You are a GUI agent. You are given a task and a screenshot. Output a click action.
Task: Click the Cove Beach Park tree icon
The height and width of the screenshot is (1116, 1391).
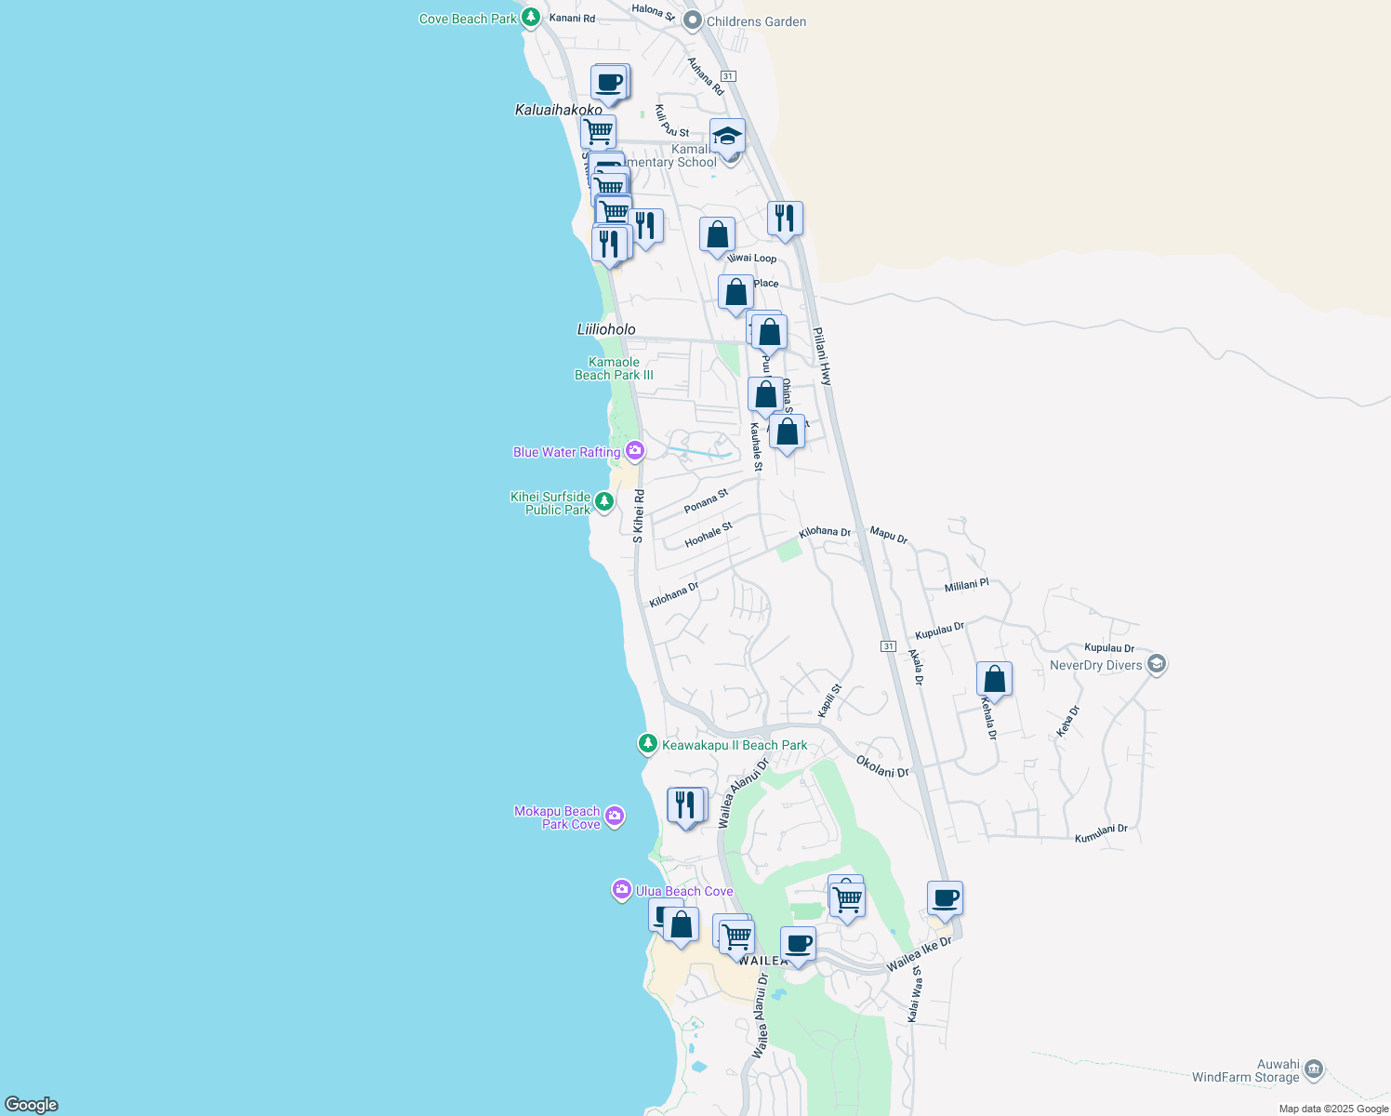click(x=530, y=18)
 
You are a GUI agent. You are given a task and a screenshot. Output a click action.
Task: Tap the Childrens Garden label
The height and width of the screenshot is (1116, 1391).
click(x=756, y=21)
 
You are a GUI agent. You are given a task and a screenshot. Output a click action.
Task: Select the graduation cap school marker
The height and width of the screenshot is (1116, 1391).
click(x=727, y=137)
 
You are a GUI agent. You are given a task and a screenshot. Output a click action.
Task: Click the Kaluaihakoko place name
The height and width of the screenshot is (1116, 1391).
click(x=558, y=110)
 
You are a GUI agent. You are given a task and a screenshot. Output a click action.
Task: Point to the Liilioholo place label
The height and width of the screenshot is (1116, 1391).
click(x=606, y=329)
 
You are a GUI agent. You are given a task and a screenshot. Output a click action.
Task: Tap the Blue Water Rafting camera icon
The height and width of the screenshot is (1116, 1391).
click(x=635, y=452)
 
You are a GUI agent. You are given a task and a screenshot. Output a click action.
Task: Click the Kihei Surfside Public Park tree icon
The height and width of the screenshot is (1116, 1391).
click(x=604, y=502)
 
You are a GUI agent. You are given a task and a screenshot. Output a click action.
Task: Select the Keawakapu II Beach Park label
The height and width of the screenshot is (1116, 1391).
click(x=734, y=745)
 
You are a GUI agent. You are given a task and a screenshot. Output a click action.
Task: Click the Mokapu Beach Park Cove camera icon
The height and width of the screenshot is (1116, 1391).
click(x=614, y=817)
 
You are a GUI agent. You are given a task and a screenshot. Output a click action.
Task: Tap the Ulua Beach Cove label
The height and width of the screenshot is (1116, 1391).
click(x=684, y=891)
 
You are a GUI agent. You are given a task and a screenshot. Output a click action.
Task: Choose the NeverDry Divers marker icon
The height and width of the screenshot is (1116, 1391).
click(x=1157, y=664)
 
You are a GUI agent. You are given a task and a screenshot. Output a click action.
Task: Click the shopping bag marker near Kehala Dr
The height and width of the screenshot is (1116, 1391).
click(x=994, y=680)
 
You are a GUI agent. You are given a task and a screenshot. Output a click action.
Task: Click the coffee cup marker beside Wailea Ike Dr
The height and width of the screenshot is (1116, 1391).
click(x=945, y=898)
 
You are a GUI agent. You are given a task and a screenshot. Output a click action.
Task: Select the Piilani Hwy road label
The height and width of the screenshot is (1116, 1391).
click(x=823, y=356)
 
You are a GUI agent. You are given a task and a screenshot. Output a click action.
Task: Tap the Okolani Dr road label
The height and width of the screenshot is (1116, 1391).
click(x=881, y=767)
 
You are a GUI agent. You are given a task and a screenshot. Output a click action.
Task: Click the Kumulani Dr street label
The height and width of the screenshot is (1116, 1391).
click(x=1101, y=834)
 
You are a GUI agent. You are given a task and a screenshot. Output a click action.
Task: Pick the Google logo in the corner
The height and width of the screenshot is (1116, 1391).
click(x=32, y=1104)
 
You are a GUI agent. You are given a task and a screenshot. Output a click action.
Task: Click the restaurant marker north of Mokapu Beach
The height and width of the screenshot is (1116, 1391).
click(x=686, y=805)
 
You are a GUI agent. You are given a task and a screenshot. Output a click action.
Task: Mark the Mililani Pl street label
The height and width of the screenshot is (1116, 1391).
click(x=966, y=586)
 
